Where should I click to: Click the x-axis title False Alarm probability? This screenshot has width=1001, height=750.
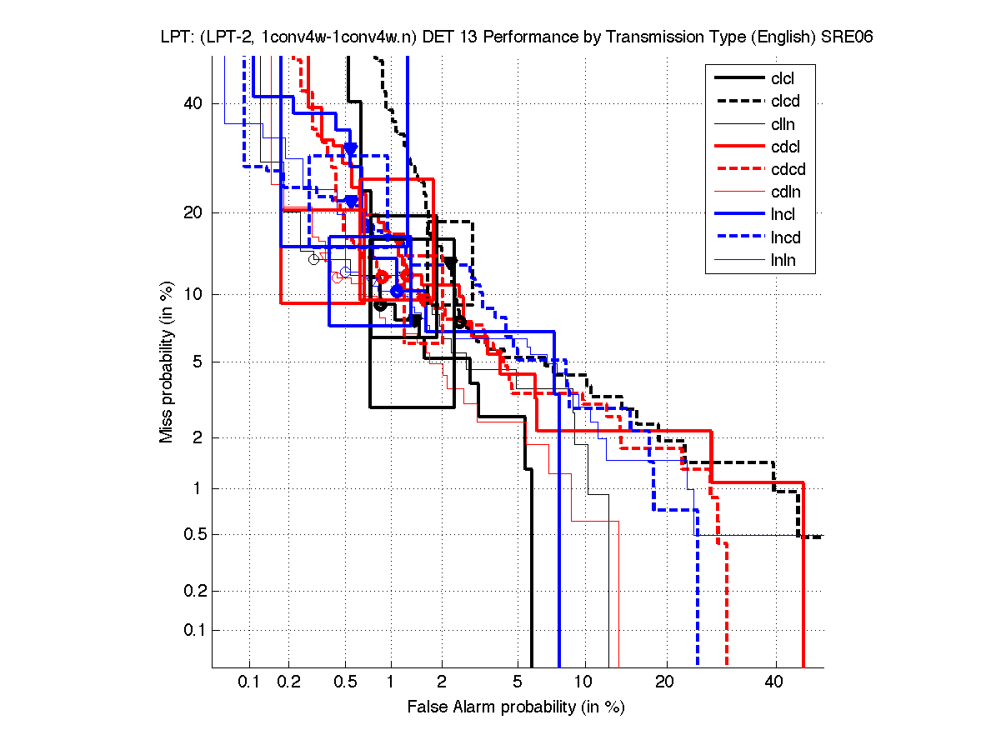pos(516,707)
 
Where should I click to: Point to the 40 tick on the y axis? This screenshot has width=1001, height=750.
pos(194,103)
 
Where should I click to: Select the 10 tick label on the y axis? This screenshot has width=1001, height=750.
pos(194,294)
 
